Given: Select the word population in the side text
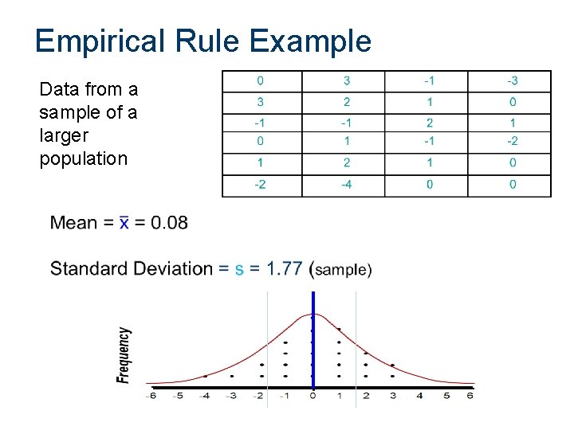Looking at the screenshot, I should click(83, 158).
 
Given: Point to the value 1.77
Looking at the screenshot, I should click(285, 268).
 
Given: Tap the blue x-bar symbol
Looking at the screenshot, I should click(124, 222).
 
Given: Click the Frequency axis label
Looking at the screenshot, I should click(124, 355).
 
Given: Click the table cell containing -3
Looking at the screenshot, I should click(512, 81).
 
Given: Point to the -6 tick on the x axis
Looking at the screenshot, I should click(151, 396).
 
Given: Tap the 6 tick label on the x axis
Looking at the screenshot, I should click(470, 396).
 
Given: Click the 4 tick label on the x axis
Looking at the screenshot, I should click(419, 396).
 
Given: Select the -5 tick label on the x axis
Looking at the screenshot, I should click(178, 396).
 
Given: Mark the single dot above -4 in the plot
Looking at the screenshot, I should click(205, 376).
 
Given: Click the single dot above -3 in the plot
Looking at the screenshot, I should click(232, 376).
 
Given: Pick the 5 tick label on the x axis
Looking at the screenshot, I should click(446, 396).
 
